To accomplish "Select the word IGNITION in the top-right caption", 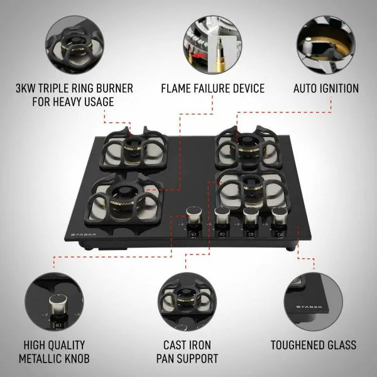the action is point(339,88).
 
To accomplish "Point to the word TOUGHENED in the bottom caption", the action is point(297,345).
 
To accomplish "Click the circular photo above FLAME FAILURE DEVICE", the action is point(212,45).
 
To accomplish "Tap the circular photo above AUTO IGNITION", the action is point(325,45).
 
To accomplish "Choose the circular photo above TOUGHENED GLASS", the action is point(314,302).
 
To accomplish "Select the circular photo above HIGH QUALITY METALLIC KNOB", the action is point(54,302).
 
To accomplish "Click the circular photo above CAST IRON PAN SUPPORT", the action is point(187,302).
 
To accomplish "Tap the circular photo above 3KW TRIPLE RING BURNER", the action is point(75,45).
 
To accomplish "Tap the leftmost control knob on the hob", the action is point(194,215).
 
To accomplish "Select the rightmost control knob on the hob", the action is point(280,216).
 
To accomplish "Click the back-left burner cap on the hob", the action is point(133,143).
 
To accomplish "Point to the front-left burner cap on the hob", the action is point(124,192).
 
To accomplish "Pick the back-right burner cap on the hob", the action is point(247,142).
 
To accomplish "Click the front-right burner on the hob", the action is point(251,188).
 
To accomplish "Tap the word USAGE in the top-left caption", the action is point(99,102).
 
